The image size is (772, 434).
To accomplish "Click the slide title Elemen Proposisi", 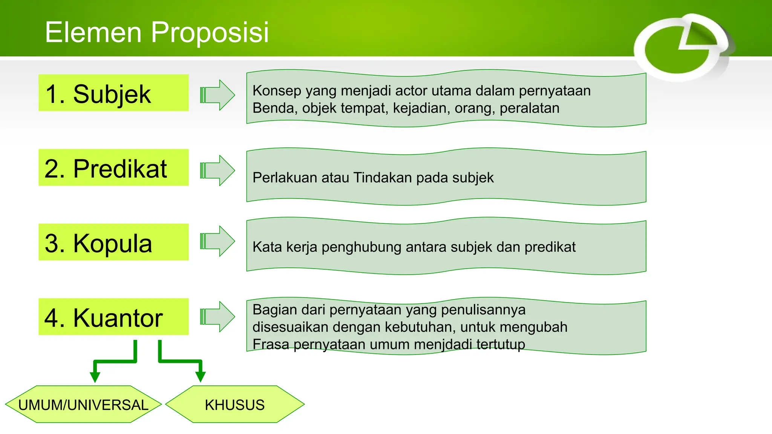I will [157, 32].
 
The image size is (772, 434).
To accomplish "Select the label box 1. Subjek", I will [113, 93].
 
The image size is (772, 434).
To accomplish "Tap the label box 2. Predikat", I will [113, 168].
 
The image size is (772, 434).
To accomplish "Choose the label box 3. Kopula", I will [113, 242].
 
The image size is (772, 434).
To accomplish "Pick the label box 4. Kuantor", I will [113, 317].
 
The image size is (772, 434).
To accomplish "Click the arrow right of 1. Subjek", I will [218, 95].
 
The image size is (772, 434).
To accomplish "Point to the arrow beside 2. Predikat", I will [218, 170].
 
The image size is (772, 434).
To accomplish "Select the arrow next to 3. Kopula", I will [218, 241].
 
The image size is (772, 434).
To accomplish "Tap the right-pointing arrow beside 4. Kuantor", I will [218, 316].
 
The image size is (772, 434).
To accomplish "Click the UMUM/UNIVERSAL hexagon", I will [83, 405].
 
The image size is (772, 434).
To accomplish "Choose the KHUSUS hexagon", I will [235, 405].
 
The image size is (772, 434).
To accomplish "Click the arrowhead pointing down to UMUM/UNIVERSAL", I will [95, 376].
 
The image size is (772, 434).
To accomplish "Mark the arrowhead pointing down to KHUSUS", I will [201, 376].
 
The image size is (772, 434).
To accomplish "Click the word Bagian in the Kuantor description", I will [275, 310].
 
